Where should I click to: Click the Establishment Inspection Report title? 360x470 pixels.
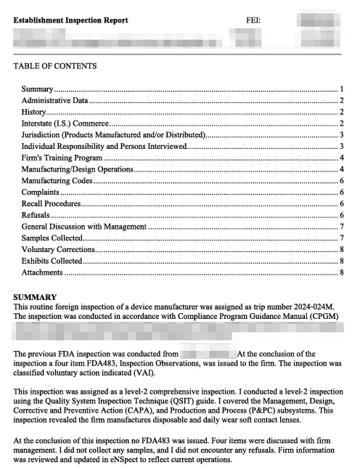[70, 20]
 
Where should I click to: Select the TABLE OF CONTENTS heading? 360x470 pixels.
[54, 66]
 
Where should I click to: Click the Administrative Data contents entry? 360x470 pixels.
[54, 100]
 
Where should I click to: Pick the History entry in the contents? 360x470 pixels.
[33, 112]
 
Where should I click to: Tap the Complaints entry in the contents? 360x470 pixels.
[40, 192]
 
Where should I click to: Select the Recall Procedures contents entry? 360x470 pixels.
[51, 203]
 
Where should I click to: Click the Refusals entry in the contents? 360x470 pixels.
[36, 215]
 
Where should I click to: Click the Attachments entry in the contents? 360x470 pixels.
[42, 272]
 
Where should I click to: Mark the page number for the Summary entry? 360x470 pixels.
[341, 89]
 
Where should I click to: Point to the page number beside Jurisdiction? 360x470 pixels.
[341, 134]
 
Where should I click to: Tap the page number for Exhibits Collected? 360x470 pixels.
[341, 261]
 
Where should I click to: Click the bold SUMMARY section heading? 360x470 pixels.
[35, 297]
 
